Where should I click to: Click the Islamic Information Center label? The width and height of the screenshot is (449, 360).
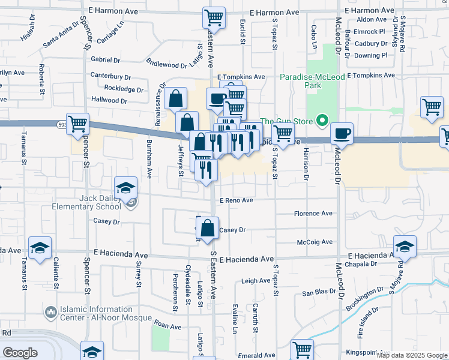click(96, 313)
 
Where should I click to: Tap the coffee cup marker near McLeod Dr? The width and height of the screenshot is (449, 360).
click(342, 133)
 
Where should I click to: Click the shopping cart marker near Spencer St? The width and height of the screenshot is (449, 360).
click(78, 124)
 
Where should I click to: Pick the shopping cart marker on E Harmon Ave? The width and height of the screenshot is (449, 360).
click(214, 18)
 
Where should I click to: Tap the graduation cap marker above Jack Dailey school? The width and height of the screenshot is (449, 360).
click(126, 187)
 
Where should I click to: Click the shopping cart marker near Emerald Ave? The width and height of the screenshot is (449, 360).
click(302, 350)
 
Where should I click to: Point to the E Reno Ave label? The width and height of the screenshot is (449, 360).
click(236, 200)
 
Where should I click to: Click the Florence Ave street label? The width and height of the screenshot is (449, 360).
click(313, 214)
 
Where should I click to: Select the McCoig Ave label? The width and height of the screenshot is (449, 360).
click(315, 242)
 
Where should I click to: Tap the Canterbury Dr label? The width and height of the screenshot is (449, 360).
click(110, 77)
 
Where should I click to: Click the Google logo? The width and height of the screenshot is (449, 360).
click(20, 352)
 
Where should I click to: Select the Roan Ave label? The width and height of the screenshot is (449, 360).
click(167, 326)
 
